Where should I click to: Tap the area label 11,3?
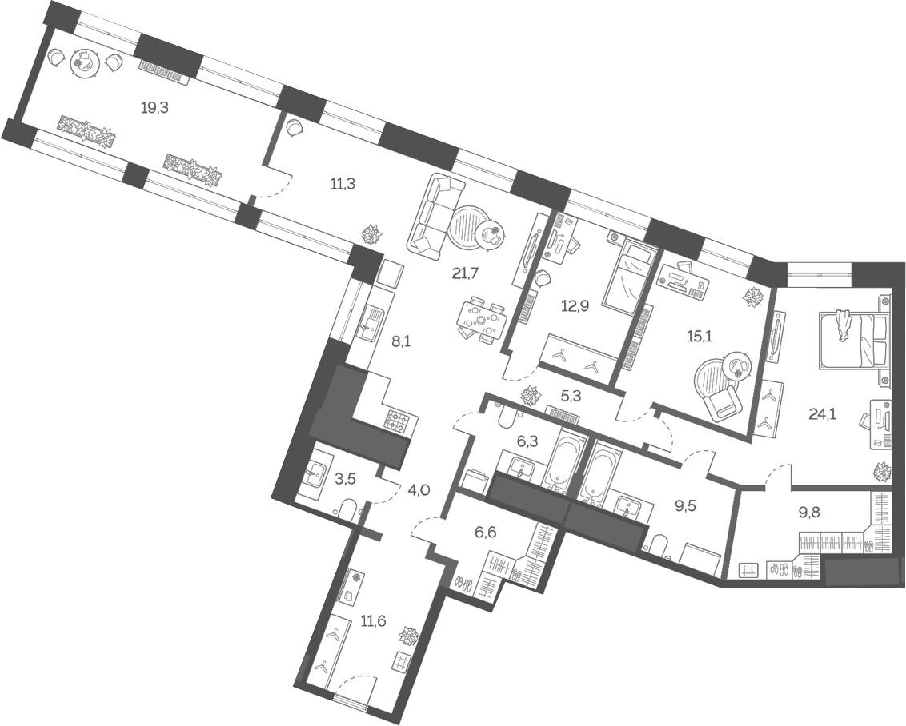[x=343, y=183]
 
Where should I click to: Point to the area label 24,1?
[x=824, y=414]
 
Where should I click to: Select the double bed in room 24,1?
[x=852, y=338]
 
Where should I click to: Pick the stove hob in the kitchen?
[x=397, y=419]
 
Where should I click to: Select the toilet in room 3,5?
[x=347, y=509]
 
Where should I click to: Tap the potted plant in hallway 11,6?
[x=410, y=636]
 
